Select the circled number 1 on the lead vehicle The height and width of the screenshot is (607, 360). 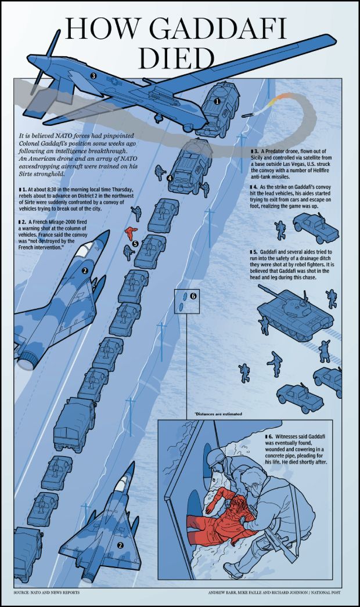tap(217, 101)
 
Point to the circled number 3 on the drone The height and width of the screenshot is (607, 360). tap(93, 75)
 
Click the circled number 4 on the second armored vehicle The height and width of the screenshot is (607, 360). tap(170, 178)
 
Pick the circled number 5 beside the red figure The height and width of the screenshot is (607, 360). tap(135, 244)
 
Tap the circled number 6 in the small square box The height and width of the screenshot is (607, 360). tap(193, 296)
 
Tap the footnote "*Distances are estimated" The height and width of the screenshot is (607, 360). tap(218, 414)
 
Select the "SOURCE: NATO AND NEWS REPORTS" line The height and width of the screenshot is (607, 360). tap(46, 593)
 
